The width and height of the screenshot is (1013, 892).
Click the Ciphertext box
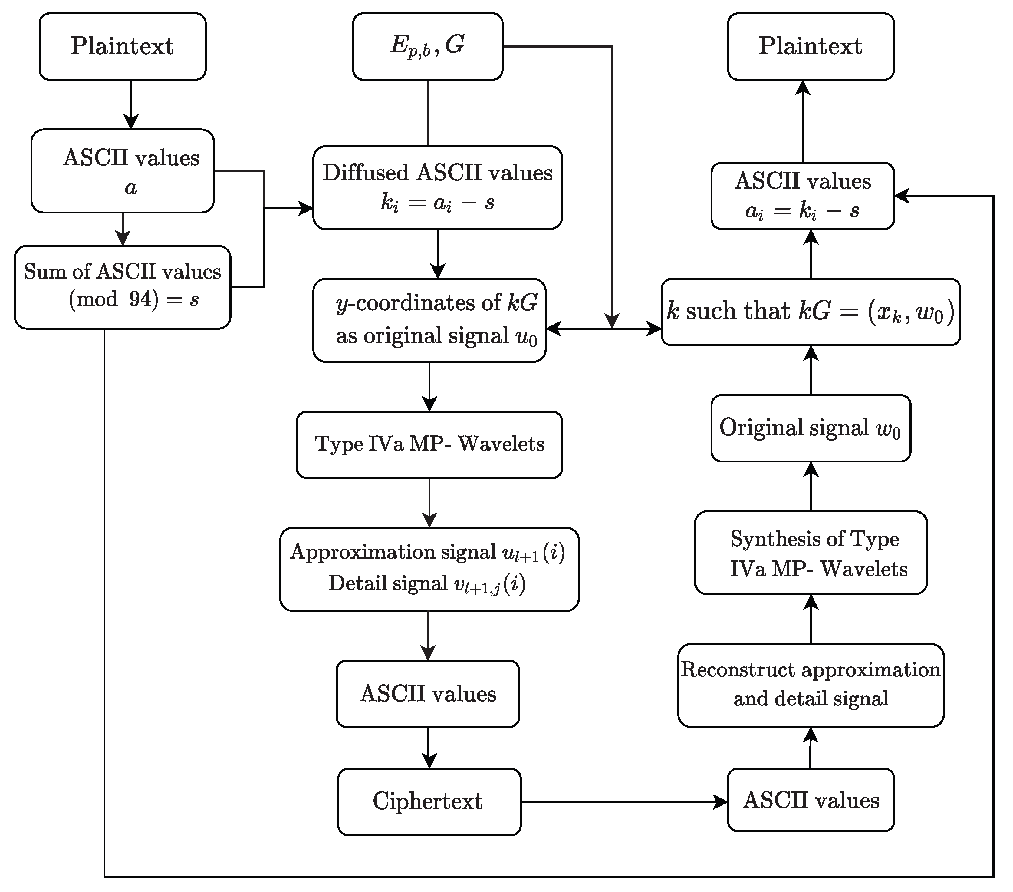coord(429,802)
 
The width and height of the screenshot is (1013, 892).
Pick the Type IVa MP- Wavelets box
coord(429,444)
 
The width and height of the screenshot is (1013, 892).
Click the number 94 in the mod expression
coord(140,299)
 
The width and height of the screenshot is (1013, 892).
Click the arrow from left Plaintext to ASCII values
coord(131,104)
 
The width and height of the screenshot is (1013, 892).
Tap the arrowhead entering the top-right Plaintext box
coord(802,88)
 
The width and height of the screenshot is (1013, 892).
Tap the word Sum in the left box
coord(38,272)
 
